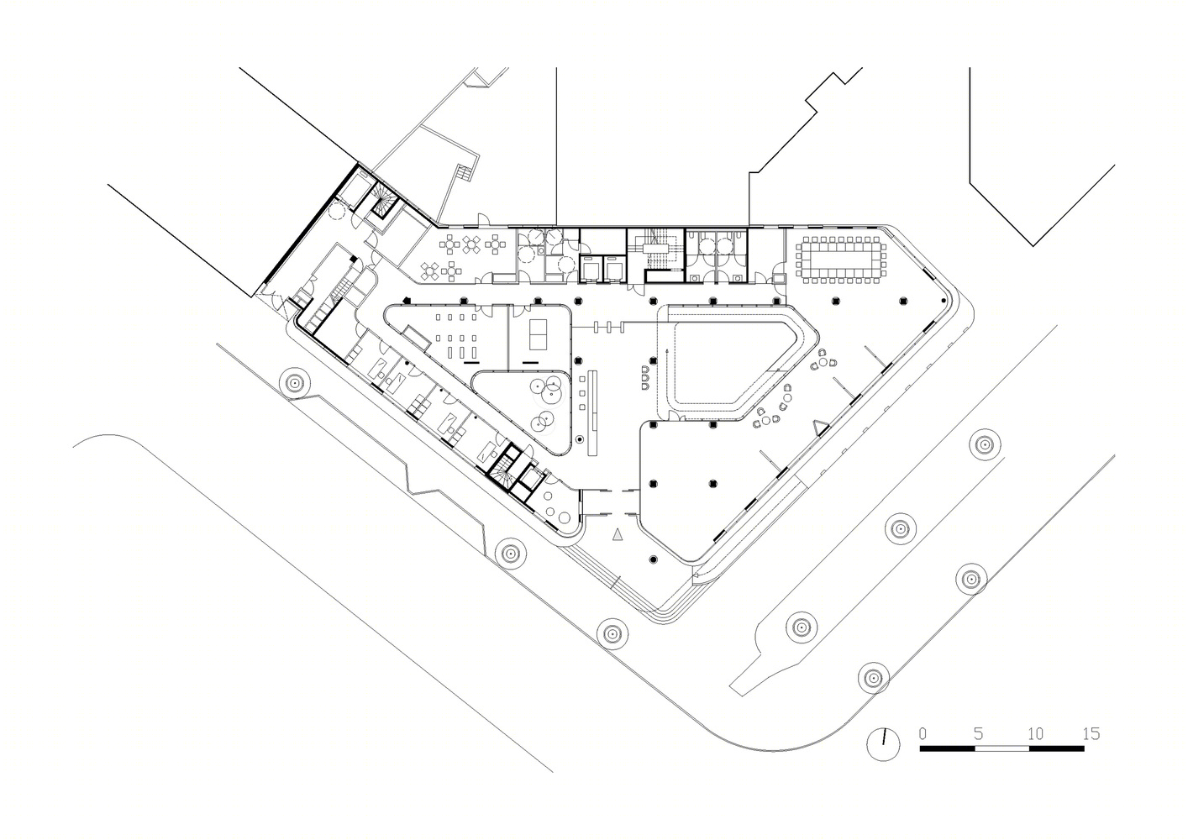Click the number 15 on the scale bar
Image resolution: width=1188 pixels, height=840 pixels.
point(1091,733)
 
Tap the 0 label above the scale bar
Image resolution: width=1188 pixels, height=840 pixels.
point(923,733)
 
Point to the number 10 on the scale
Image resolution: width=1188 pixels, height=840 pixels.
point(1035,733)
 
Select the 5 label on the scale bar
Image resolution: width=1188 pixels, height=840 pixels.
point(978,733)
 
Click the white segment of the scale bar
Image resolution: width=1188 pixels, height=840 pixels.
point(1001,748)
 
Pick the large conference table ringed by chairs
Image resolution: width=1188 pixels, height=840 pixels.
point(841,260)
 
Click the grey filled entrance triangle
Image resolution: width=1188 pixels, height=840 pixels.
point(617,534)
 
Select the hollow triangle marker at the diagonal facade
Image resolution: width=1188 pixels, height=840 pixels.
point(821,427)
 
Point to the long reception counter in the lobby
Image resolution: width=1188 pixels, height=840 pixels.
point(593,413)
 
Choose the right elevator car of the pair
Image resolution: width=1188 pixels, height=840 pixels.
point(614,271)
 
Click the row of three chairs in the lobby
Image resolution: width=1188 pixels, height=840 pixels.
point(645,377)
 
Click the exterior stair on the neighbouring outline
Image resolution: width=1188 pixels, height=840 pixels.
point(464,173)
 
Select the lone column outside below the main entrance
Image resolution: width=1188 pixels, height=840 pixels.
point(654,559)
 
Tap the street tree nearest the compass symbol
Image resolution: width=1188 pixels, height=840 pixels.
point(873,677)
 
